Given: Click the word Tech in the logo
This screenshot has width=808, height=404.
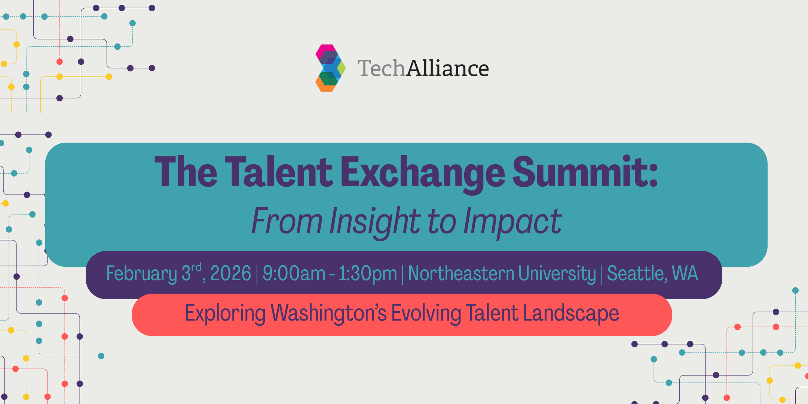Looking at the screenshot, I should point(381,68).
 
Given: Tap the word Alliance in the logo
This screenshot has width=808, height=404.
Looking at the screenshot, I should point(447,68).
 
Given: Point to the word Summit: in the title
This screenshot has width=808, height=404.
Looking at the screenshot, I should point(585,172).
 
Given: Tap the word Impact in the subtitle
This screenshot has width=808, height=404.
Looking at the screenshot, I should point(512,221).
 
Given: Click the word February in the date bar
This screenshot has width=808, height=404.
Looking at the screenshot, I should point(141,273).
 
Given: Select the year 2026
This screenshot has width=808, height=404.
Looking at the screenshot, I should point(230,273).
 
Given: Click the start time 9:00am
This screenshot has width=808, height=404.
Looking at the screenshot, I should point(294,273).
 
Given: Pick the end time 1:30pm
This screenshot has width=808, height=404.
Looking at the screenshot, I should point(367,273).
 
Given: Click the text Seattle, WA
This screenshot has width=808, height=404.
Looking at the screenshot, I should point(652,273).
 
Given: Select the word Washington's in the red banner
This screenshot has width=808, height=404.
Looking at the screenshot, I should point(328,313).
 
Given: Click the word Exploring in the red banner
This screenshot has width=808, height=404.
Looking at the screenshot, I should point(225,313).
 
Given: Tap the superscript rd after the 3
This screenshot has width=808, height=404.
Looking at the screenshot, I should point(196,267).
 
